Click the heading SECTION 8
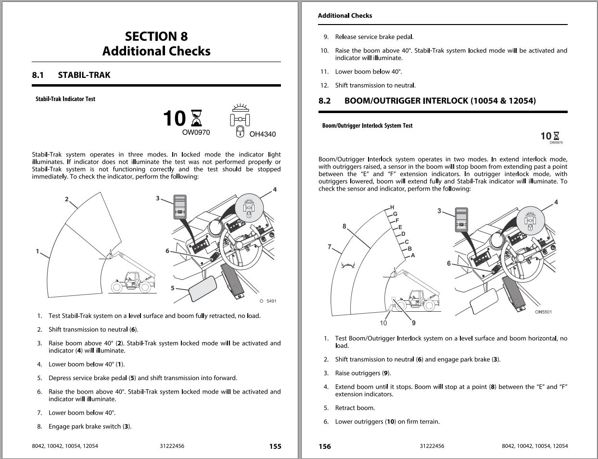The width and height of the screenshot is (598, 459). click(x=156, y=37)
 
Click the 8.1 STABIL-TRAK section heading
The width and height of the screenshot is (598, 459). click(x=71, y=75)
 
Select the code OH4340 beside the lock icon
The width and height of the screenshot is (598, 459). click(x=262, y=134)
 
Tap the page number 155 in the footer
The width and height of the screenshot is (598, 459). click(x=275, y=446)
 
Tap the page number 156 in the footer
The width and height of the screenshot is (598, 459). click(x=325, y=446)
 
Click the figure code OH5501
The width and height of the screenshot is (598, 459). click(x=543, y=312)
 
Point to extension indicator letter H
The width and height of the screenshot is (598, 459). click(x=392, y=207)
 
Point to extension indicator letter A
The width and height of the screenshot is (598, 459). click(x=413, y=255)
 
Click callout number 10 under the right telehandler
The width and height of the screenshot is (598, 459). click(x=383, y=323)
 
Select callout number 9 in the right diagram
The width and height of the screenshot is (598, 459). click(x=413, y=323)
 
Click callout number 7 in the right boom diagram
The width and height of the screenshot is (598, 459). click(x=330, y=247)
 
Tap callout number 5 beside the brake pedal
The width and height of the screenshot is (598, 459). click(x=173, y=288)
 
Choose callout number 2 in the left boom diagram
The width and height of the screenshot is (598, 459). click(x=67, y=199)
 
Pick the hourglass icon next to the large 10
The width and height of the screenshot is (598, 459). click(x=196, y=118)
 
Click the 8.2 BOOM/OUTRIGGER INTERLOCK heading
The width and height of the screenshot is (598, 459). click(x=427, y=101)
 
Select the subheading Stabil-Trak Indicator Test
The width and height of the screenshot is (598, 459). click(x=65, y=99)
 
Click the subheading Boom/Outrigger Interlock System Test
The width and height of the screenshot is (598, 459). click(x=367, y=126)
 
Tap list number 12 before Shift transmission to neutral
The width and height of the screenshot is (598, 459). click(x=324, y=85)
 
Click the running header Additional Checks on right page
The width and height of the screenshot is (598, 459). click(x=344, y=15)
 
